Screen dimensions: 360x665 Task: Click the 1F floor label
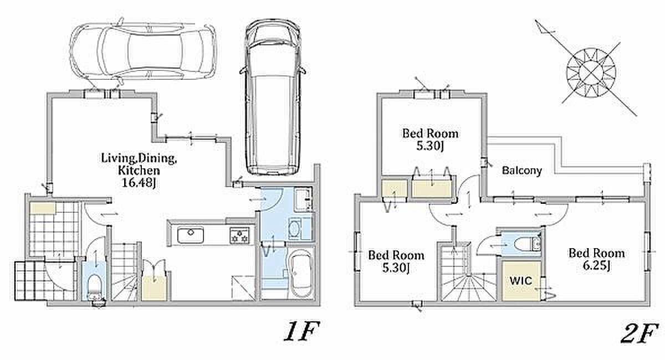coord(301,332)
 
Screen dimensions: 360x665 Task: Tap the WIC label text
coord(521,281)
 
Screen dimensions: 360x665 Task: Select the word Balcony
coord(522,171)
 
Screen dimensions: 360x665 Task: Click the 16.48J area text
coord(131,181)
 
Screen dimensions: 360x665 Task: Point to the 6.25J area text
coord(596,266)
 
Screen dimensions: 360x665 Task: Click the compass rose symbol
coord(592,70)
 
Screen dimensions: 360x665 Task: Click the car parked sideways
coord(144,52)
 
